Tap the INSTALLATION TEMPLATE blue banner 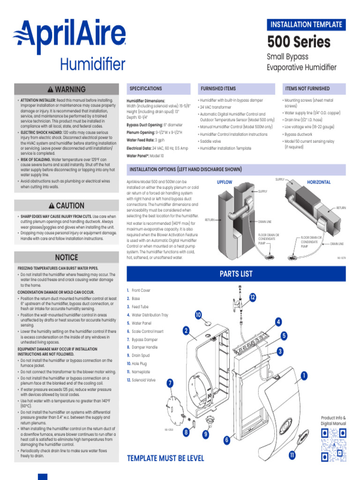point(306,24)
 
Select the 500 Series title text point(299,42)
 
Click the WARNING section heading point(67,89)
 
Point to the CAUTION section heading point(67,206)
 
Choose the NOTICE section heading point(67,257)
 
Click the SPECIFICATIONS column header point(146,89)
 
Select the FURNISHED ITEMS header point(218,89)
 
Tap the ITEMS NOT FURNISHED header point(307,89)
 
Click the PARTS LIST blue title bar point(236,274)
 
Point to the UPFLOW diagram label point(225,182)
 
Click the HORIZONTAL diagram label point(319,182)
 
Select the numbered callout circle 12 point(253,298)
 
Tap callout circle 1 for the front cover point(304,375)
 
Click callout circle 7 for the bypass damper point(170,383)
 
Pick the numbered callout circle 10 point(198,315)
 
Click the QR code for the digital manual point(333,443)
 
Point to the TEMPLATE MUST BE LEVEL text point(165,458)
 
